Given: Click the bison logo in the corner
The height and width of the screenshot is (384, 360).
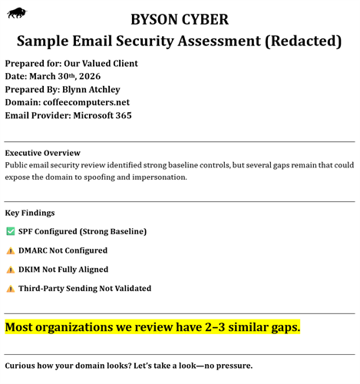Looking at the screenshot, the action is pyautogui.click(x=16, y=12).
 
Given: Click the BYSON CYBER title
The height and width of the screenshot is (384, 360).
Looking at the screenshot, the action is pyautogui.click(x=180, y=19).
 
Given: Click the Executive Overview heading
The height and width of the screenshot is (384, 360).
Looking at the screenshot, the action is pyautogui.click(x=42, y=153).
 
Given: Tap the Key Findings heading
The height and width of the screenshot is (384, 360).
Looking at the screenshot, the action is pyautogui.click(x=30, y=213).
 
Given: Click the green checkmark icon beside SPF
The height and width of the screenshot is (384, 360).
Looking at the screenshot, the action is pyautogui.click(x=10, y=231).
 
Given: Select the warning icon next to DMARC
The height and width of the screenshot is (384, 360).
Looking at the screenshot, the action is pyautogui.click(x=10, y=250).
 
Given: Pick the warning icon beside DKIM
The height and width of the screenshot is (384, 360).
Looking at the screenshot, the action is pyautogui.click(x=10, y=270).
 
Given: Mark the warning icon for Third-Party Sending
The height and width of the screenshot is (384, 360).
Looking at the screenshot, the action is pyautogui.click(x=10, y=289).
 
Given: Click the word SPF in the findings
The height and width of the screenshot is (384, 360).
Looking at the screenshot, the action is pyautogui.click(x=27, y=231).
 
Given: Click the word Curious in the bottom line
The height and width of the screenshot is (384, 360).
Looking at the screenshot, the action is pyautogui.click(x=22, y=366).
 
